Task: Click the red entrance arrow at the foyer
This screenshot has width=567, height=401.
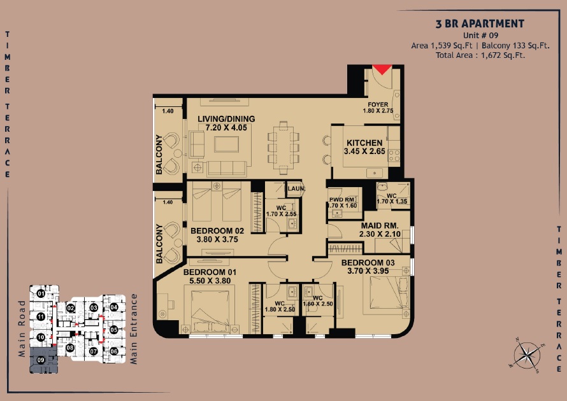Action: tap(382, 69)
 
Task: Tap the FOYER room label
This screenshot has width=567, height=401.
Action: tap(378, 105)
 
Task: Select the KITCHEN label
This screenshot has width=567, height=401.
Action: tap(364, 143)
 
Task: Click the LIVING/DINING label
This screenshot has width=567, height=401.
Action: tap(226, 119)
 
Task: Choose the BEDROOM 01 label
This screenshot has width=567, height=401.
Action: tap(210, 272)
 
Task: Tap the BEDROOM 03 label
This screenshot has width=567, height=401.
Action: tap(368, 263)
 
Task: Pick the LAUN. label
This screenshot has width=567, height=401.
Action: tap(296, 189)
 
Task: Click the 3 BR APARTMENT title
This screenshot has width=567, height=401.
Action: tap(480, 24)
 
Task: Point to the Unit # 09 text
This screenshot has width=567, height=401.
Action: tap(480, 36)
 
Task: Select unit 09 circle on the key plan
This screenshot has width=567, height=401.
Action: tap(40, 360)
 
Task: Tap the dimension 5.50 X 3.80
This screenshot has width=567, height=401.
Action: tap(210, 281)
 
